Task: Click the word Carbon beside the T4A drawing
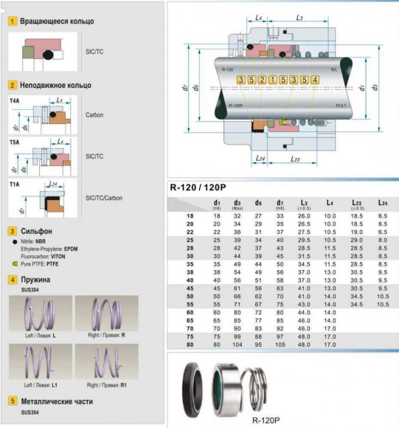click(95, 116)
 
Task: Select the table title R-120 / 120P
click(197, 187)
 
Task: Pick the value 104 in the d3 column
click(238, 344)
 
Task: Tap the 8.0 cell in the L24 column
click(383, 240)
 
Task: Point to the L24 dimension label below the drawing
click(258, 158)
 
